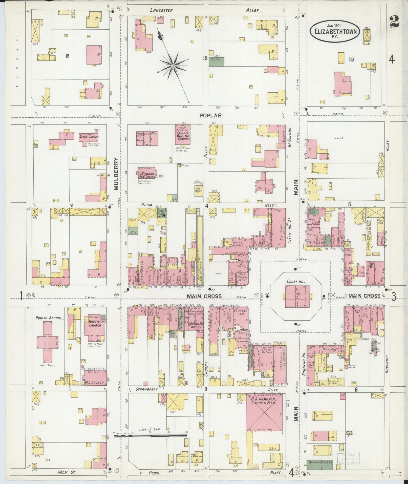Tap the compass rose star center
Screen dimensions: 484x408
click(x=173, y=66)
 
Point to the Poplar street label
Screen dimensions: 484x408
click(x=210, y=116)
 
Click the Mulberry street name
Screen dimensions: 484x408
click(x=116, y=173)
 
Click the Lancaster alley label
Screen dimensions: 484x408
click(x=161, y=10)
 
